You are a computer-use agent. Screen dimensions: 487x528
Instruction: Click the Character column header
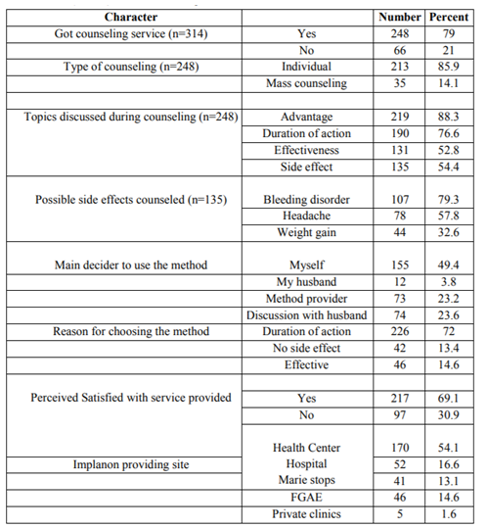click(x=131, y=18)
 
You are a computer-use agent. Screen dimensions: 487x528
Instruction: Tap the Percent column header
click(x=449, y=18)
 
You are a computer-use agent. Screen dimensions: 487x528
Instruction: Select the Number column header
click(x=400, y=18)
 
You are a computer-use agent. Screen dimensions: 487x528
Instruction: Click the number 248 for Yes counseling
click(x=400, y=33)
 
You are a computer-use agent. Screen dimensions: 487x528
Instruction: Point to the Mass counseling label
click(x=306, y=83)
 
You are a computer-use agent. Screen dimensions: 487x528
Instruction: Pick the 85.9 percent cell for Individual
click(x=449, y=67)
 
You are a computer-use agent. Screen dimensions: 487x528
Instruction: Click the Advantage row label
click(x=306, y=117)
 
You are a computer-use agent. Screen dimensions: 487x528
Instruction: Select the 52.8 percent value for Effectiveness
click(x=449, y=150)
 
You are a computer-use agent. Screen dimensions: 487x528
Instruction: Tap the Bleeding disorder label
click(x=306, y=200)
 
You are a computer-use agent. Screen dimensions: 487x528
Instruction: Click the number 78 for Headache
click(x=400, y=216)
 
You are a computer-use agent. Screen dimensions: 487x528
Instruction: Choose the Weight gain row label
click(x=306, y=233)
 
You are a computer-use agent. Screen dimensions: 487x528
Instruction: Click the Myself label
click(x=306, y=265)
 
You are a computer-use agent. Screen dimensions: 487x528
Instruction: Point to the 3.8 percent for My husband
click(x=449, y=282)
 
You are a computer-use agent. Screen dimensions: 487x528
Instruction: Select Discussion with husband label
click(x=306, y=315)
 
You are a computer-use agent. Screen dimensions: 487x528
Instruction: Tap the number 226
click(x=400, y=331)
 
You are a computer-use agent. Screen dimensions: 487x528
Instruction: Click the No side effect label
click(x=306, y=348)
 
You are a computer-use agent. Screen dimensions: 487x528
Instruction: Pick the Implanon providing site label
click(x=131, y=464)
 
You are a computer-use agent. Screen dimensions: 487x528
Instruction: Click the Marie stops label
click(x=306, y=480)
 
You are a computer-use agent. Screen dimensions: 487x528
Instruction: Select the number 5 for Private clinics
click(x=400, y=514)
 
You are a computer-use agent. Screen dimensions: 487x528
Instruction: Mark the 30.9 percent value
click(x=449, y=415)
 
